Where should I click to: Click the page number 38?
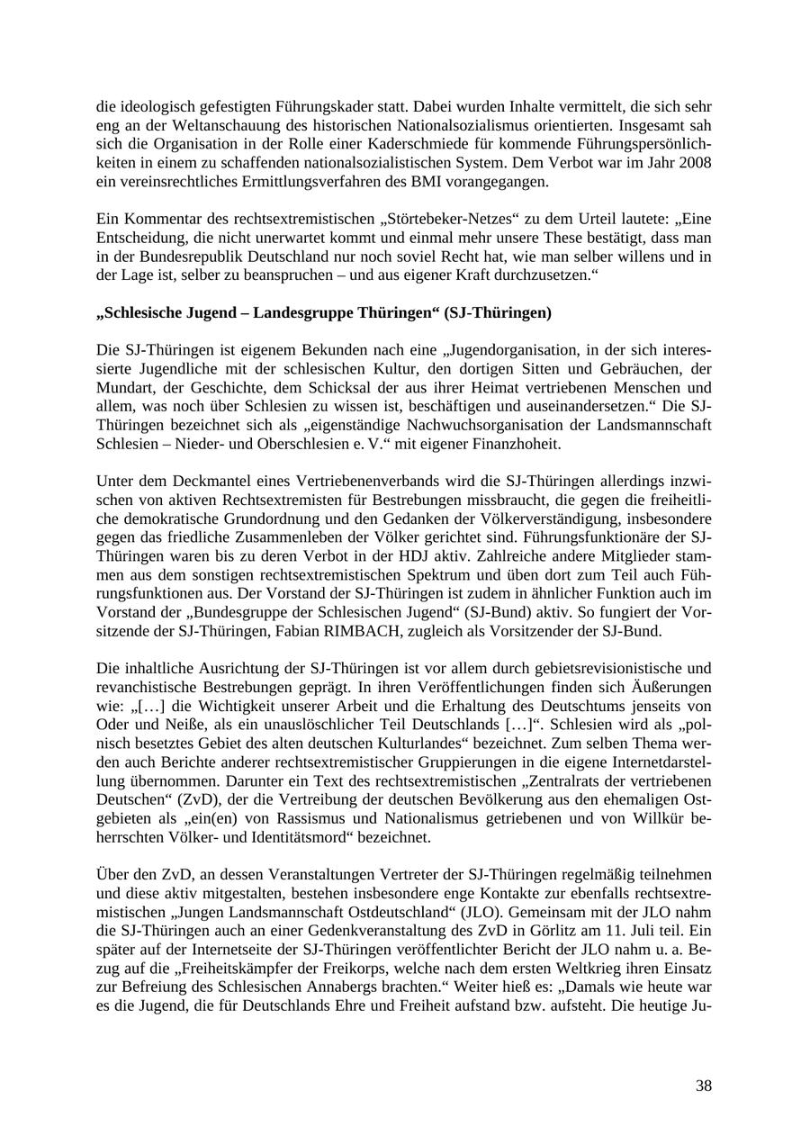(703, 1086)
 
